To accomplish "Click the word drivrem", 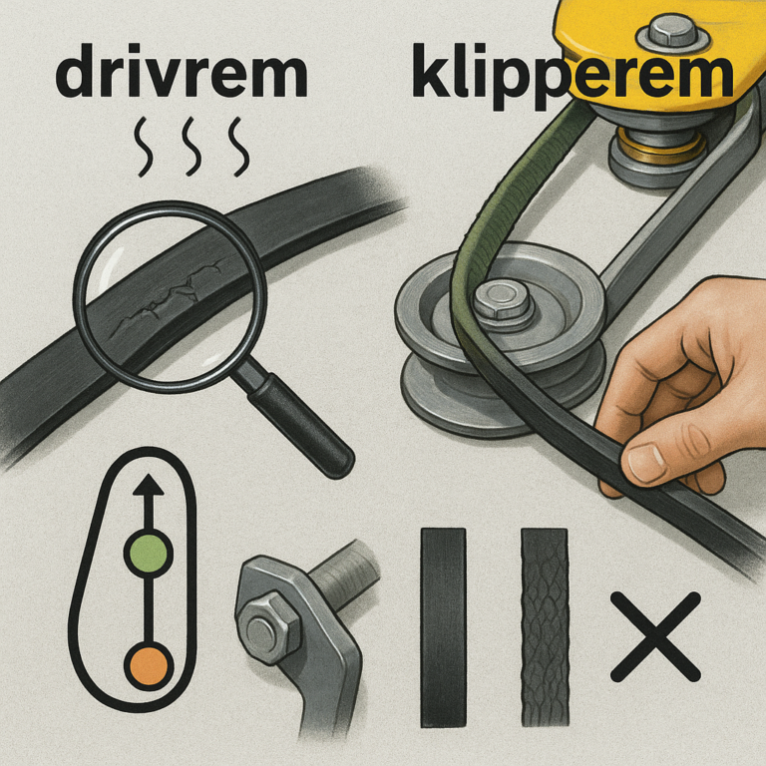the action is coord(182,72).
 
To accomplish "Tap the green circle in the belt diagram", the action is coord(149,554).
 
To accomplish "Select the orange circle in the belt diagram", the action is coord(149,666).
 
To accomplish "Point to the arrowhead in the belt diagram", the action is coord(149,485).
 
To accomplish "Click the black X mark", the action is coord(655,636).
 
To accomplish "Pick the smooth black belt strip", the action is coord(443,627).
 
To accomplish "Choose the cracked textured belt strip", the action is coord(545,627).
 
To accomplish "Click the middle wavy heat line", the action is coord(192,147).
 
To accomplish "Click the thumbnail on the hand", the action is coord(646,460).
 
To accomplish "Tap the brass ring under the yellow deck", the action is coord(658,146).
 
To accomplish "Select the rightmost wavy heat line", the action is coord(239,147).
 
